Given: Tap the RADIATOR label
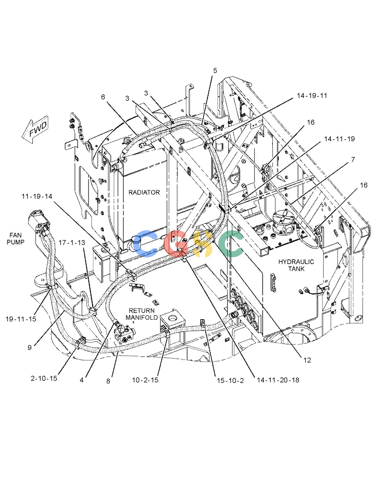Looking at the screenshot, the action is [144, 192].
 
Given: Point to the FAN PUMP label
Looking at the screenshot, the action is [16, 238].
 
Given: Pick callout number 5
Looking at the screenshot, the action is [215, 71].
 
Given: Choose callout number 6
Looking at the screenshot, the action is [103, 97].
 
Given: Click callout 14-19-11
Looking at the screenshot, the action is [312, 96].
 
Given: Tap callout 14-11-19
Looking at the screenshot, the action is [339, 139].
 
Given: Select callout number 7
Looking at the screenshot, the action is [353, 160].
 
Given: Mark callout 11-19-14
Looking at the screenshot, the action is [37, 196].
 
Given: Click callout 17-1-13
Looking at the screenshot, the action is [72, 242].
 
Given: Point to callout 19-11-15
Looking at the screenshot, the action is [21, 319].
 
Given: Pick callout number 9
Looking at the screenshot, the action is [29, 347].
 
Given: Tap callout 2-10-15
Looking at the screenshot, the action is [44, 378].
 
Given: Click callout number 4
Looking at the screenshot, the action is [82, 380].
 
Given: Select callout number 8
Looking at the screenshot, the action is [108, 381].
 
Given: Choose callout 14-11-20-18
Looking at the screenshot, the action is [278, 380].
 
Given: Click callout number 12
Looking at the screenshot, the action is [307, 360].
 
